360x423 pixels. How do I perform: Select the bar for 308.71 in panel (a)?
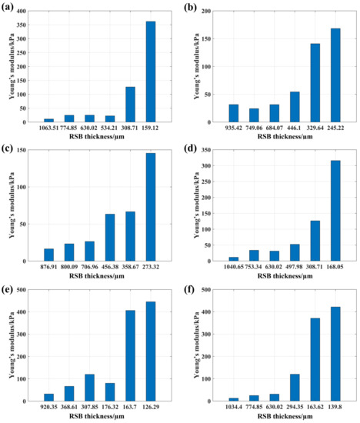pos(130,104)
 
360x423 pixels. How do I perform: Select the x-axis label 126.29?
pos(151,408)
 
